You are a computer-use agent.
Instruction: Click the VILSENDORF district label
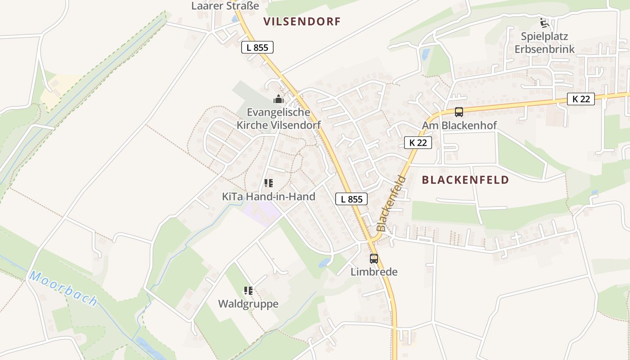pos(302,22)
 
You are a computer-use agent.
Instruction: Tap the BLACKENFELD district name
pos(465,180)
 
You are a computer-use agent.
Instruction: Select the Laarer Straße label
pos(225,6)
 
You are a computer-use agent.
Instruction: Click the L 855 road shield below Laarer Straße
pos(257,47)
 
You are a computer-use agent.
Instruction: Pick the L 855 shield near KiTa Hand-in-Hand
pos(351,199)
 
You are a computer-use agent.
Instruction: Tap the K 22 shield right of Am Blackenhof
pos(580,99)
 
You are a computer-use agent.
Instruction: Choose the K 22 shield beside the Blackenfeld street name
pos(418,143)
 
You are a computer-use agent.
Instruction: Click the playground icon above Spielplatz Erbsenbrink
pos(544,22)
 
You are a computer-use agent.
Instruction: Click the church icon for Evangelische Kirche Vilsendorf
pos(279,99)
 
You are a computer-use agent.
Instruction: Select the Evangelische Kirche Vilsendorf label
pos(283,119)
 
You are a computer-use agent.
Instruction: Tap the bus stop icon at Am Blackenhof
pos(459,112)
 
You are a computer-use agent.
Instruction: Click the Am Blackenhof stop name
pos(459,126)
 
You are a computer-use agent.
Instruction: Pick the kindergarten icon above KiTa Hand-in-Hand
pos(269,183)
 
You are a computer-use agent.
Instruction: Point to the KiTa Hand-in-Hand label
pos(269,197)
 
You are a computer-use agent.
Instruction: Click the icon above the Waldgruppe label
pos(248,291)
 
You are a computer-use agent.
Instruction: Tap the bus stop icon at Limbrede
pos(374,259)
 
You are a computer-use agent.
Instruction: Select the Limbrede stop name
pos(374,272)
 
